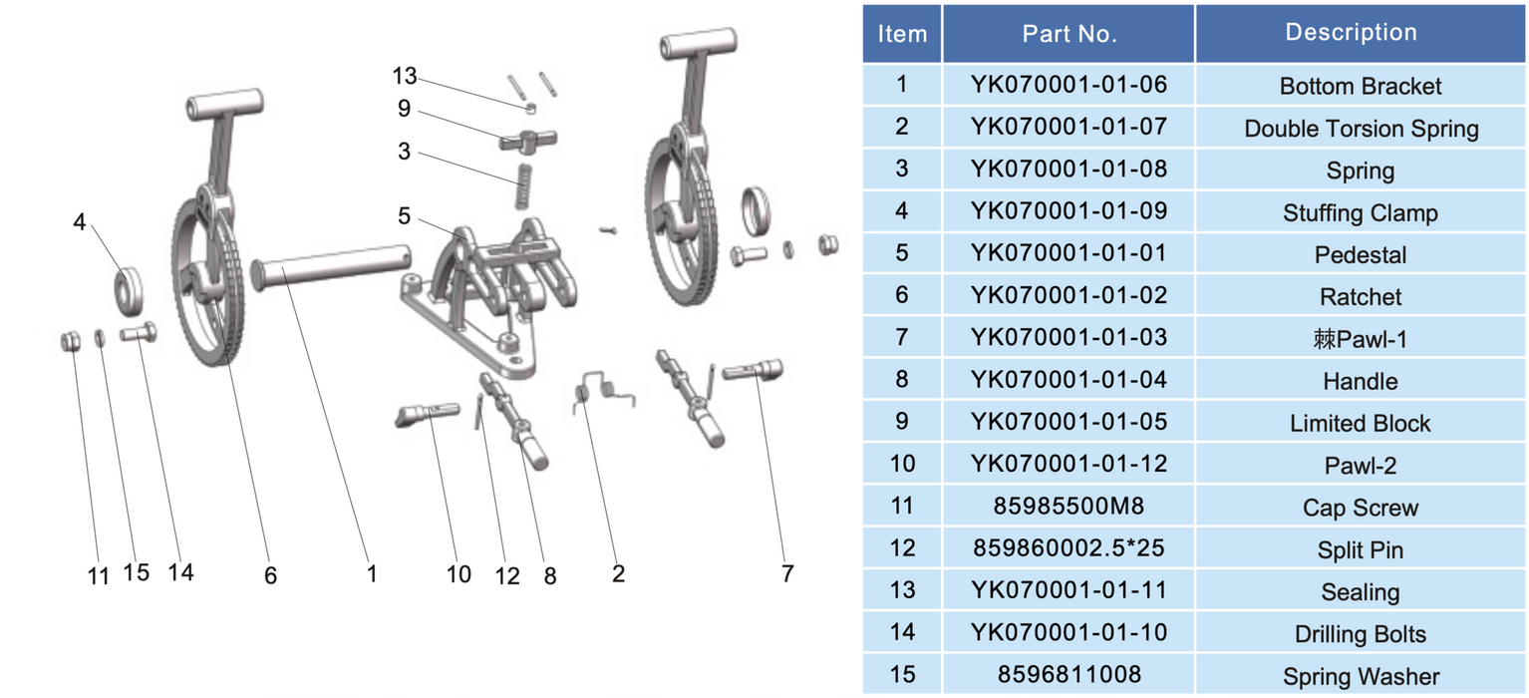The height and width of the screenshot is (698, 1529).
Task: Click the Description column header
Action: tap(1351, 32)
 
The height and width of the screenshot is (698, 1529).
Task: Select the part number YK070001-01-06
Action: tap(1069, 85)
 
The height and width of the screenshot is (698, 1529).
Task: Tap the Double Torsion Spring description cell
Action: tap(1362, 129)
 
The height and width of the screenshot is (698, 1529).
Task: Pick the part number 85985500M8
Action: tap(1069, 506)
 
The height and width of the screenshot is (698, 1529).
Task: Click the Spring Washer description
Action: tap(1362, 676)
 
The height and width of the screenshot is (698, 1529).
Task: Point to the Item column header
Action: tap(902, 34)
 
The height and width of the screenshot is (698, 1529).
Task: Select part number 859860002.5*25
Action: tap(1069, 547)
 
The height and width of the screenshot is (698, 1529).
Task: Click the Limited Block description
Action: tap(1361, 424)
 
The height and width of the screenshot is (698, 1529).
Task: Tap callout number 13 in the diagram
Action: tap(404, 76)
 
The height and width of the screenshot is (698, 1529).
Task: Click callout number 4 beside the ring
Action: tap(80, 222)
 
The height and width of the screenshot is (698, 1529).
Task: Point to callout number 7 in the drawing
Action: tap(787, 573)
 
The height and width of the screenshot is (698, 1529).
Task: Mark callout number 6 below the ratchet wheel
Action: tap(271, 575)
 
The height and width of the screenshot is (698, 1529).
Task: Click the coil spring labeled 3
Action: tap(524, 186)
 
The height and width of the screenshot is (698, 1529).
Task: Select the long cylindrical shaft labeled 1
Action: tap(331, 266)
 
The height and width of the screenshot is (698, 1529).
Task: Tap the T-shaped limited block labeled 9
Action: tap(527, 140)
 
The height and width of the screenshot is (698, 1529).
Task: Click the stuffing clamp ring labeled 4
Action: tap(129, 291)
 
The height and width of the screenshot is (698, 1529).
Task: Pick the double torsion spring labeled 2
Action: tap(604, 392)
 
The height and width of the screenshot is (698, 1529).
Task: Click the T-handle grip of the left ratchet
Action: tap(225, 104)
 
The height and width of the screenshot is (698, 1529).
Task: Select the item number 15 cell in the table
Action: tap(902, 675)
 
